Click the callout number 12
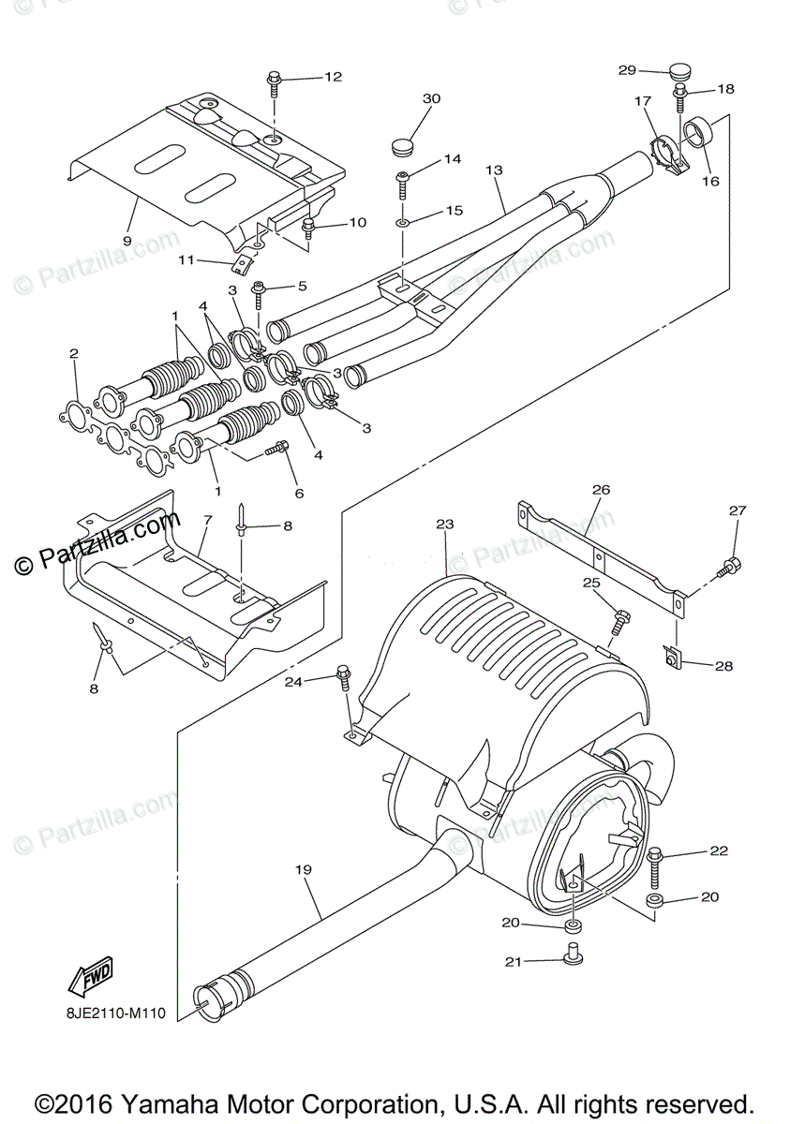[x=334, y=77]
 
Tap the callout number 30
[x=430, y=99]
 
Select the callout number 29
[x=627, y=70]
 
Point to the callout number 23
[x=444, y=525]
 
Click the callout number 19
[x=303, y=870]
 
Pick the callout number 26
[x=601, y=489]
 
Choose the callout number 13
[x=495, y=170]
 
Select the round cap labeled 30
[x=401, y=146]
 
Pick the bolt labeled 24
[x=344, y=679]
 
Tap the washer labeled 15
[x=402, y=225]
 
